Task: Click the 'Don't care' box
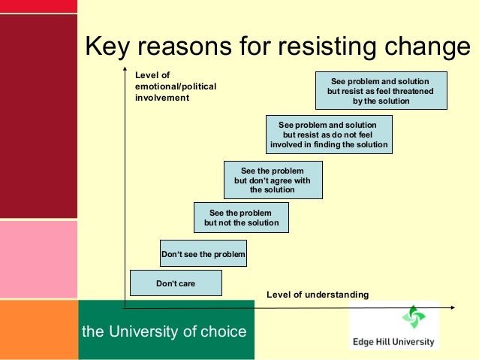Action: point(176,283)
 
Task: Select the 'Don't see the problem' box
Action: point(203,255)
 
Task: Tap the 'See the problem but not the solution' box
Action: point(240,218)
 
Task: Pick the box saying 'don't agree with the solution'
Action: point(273,180)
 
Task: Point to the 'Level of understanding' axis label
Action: point(318,295)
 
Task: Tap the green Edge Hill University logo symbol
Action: point(413,317)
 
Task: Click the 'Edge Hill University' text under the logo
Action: point(393,341)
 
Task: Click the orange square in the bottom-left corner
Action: point(38,330)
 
